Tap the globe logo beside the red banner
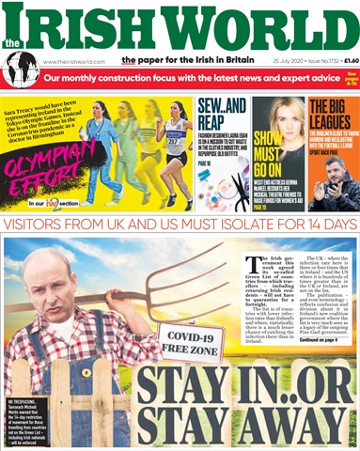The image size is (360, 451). (x=19, y=70)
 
